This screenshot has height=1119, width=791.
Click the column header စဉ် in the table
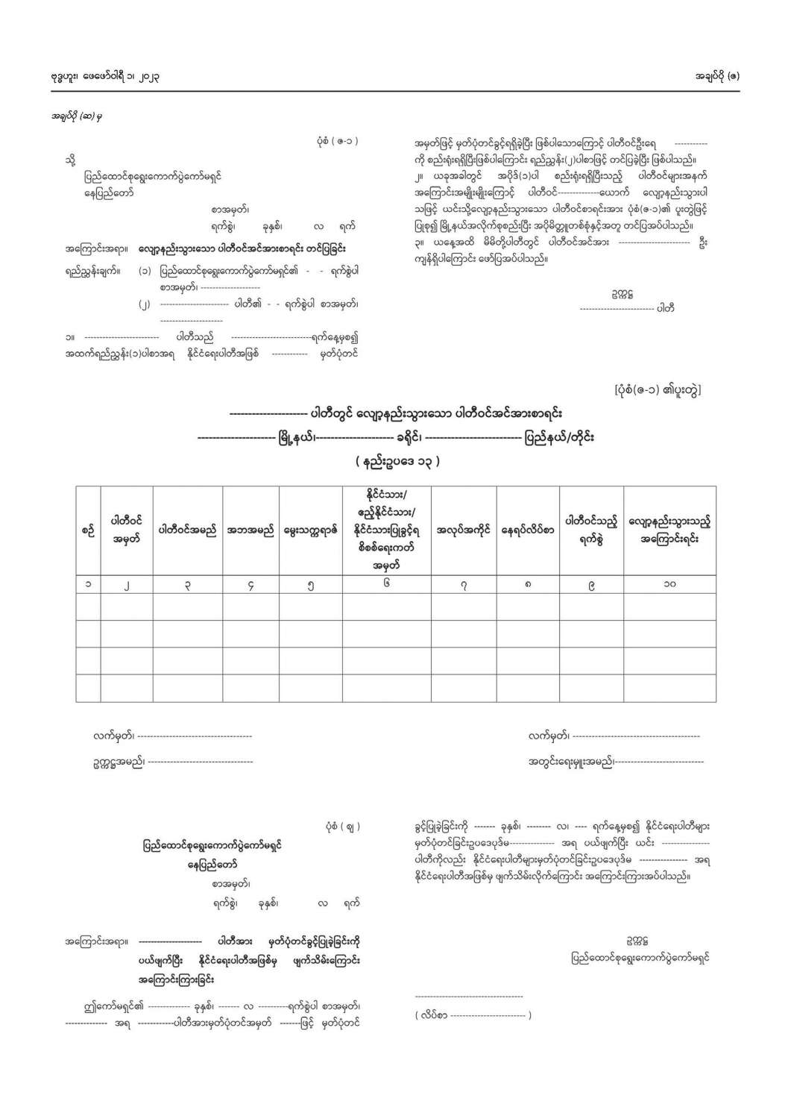[88, 530]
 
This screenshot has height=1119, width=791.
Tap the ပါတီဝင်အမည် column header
[187, 530]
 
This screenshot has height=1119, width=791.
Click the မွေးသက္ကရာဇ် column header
[310, 530]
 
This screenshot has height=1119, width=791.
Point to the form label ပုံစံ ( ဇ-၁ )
[337, 141]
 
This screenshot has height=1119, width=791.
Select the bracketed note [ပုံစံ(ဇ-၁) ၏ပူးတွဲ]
[658, 390]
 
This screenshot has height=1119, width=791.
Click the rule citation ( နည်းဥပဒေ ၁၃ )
[397, 462]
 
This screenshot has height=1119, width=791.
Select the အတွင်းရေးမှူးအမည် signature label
[571, 762]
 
